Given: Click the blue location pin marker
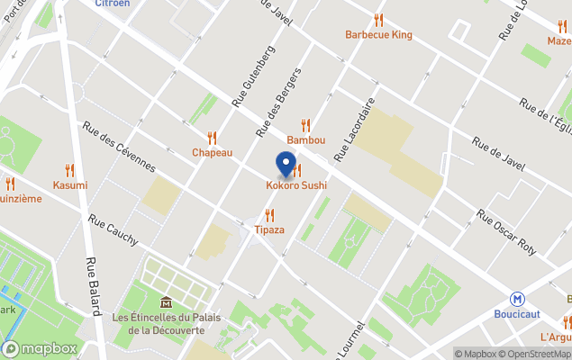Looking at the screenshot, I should (x=286, y=165).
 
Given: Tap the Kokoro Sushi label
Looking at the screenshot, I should (x=296, y=185).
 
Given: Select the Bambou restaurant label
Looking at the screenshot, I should (x=305, y=140).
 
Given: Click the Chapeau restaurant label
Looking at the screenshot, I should (x=212, y=153).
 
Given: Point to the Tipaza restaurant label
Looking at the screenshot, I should (x=268, y=229).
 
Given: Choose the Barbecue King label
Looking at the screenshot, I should (x=378, y=35).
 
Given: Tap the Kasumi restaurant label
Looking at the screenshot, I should (x=70, y=184).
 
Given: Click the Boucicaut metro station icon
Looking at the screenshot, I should (x=517, y=299).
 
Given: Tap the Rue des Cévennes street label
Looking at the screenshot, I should (x=119, y=148).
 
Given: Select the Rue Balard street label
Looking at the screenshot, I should (x=93, y=286).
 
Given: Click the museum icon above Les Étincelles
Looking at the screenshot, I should (x=166, y=303).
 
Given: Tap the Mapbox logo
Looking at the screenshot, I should (x=40, y=348).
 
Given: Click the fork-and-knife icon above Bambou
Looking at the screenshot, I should (x=305, y=126).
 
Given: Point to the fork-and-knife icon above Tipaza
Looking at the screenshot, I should (x=268, y=215).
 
